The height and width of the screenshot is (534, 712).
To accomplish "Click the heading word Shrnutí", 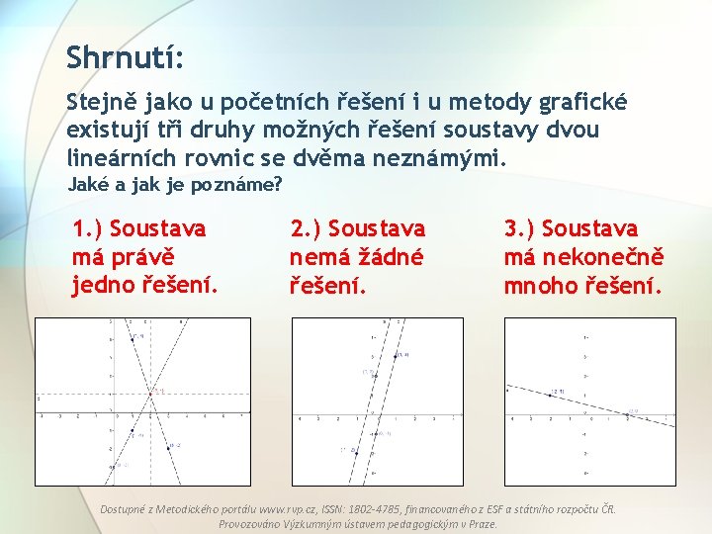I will click(x=125, y=56).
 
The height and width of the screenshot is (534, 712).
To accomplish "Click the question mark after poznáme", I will click(x=278, y=184).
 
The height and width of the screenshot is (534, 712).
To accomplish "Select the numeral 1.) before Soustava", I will click(x=88, y=229).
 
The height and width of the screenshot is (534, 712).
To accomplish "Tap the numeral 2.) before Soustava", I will click(x=305, y=229).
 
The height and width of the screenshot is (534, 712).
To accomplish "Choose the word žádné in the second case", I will click(x=390, y=258).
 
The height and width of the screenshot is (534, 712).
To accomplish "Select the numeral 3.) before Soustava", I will click(x=520, y=229).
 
